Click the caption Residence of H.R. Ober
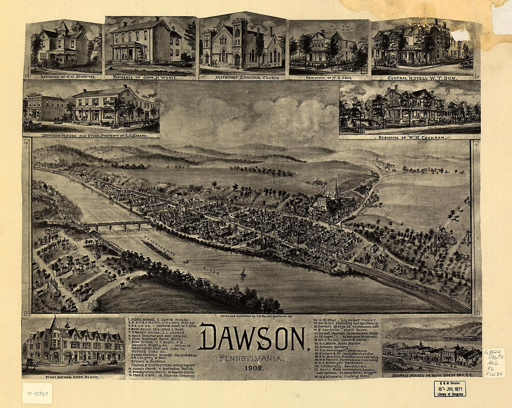click(330, 78)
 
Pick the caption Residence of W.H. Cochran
click(410, 137)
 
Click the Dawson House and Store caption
click(91, 135)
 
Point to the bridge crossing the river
click(116, 225)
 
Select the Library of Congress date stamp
click(450, 388)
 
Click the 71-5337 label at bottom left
click(37, 393)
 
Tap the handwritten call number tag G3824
click(494, 362)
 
